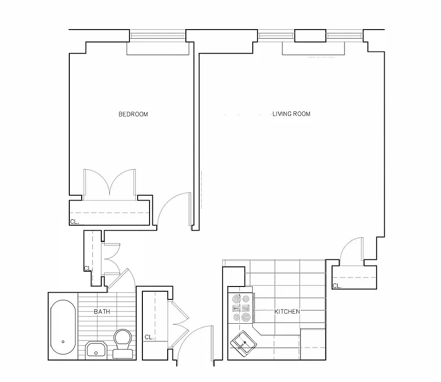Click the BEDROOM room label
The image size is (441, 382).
tap(133, 114)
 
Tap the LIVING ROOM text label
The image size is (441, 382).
tap(291, 114)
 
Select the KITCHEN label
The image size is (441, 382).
tap(287, 312)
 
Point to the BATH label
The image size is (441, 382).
tap(102, 312)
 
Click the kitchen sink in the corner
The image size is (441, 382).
tap(243, 343)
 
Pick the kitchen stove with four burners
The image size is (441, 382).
tap(241, 308)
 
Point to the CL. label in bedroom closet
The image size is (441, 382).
tap(75, 222)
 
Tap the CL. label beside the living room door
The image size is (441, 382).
tap(337, 286)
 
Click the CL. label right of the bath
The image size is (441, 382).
tap(149, 337)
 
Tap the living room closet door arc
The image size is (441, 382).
tap(351, 249)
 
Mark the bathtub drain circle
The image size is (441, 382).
tap(63, 342)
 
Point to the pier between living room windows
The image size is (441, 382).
tap(310, 35)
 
